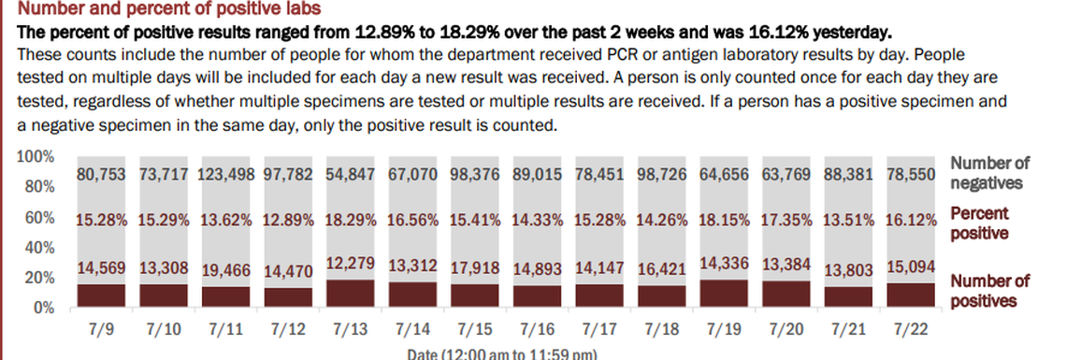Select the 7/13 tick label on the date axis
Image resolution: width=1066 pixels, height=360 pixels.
pos(350,331)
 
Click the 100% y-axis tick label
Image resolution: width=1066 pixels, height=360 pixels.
pos(36,157)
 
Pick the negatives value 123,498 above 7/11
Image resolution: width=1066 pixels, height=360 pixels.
pos(225,174)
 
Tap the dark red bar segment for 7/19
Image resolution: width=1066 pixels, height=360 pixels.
pos(723,294)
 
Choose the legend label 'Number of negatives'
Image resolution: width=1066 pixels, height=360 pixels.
pos(989,174)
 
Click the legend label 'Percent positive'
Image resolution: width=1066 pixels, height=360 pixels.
pos(979,223)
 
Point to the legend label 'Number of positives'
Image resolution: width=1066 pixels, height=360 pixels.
pos(989,291)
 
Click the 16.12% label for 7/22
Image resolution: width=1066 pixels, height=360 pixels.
pos(910,220)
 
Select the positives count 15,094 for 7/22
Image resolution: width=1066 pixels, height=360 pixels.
pos(910,266)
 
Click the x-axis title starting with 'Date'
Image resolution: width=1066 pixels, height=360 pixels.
pos(501,354)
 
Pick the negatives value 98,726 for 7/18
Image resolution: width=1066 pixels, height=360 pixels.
pos(661,174)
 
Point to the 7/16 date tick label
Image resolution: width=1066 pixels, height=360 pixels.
pos(537,331)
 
